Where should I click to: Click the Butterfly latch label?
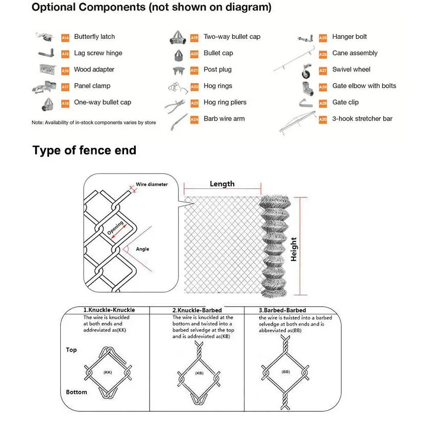click(x=94, y=37)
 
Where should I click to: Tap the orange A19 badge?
click(x=194, y=37)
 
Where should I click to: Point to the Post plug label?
click(x=217, y=69)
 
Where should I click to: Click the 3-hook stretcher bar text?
click(x=362, y=118)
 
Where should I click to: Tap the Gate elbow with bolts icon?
click(x=306, y=87)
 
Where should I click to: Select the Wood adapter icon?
click(x=47, y=69)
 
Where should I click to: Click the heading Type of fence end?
click(x=84, y=150)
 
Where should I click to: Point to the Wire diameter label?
click(x=152, y=184)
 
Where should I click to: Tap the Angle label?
click(x=142, y=249)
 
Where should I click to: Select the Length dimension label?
click(x=222, y=184)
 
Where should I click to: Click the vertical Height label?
click(x=294, y=249)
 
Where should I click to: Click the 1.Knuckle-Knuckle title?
click(x=109, y=310)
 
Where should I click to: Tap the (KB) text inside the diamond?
click(x=199, y=374)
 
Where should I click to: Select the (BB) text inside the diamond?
click(x=285, y=372)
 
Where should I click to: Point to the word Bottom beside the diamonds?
click(x=77, y=392)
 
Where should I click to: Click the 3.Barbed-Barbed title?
click(x=282, y=310)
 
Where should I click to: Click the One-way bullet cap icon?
click(x=47, y=104)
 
